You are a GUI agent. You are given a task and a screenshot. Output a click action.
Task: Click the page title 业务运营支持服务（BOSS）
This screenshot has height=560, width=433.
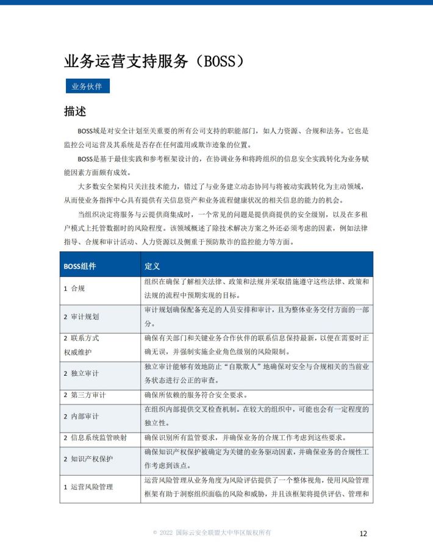tap(155, 62)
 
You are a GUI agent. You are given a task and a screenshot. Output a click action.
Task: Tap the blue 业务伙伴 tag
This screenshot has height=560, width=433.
tap(88, 87)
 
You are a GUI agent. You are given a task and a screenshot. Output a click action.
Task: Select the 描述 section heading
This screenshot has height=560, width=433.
tap(75, 112)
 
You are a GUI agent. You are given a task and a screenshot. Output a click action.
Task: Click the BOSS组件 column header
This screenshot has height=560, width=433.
tap(80, 266)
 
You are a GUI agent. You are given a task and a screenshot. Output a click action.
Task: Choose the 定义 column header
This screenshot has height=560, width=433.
tap(152, 266)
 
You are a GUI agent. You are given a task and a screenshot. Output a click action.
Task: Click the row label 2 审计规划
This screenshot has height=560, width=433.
tap(81, 317)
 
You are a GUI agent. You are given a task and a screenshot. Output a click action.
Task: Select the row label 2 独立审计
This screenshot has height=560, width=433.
tap(81, 373)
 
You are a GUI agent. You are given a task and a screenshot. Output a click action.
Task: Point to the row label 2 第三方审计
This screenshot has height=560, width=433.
tap(85, 395)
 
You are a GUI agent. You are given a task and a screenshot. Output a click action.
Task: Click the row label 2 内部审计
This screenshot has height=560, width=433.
tap(81, 416)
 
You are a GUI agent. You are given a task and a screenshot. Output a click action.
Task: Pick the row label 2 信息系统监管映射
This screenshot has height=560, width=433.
tap(96, 438)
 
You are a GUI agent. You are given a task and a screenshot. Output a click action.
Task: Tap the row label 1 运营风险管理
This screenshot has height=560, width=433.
tap(88, 487)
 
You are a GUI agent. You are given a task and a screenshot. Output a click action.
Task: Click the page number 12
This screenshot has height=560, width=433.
tap(363, 533)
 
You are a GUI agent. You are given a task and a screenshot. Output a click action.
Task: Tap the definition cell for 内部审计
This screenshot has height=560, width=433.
tap(256, 416)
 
